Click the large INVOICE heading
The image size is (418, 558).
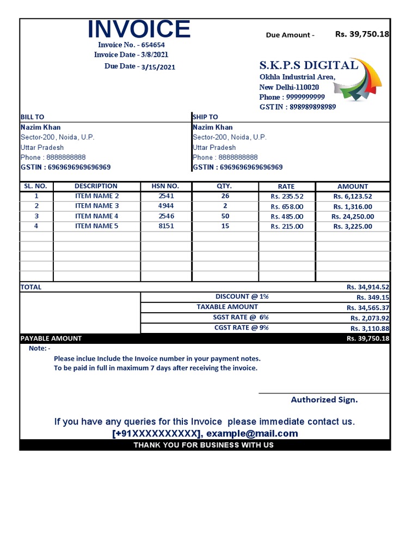click(x=139, y=29)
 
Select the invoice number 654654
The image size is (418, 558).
click(x=154, y=45)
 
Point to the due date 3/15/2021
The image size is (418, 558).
click(x=158, y=67)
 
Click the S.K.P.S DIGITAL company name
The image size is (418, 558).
click(x=308, y=65)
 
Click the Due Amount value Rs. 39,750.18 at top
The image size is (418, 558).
click(x=362, y=34)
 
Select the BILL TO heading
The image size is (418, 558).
click(x=32, y=117)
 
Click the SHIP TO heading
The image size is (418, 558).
click(x=205, y=117)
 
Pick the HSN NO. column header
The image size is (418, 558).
click(x=166, y=186)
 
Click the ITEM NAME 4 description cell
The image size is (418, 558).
click(x=96, y=216)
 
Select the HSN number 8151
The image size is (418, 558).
click(x=166, y=226)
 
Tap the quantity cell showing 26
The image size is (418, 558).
click(x=225, y=196)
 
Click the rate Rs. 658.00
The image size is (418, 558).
click(x=287, y=207)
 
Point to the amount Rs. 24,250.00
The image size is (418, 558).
click(x=353, y=216)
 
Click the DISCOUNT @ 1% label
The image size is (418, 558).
click(x=242, y=297)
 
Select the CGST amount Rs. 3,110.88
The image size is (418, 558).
click(x=370, y=329)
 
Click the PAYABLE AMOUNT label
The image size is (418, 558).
click(x=51, y=338)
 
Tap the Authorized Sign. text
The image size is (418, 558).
click(x=324, y=400)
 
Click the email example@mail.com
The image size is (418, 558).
click(x=252, y=434)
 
